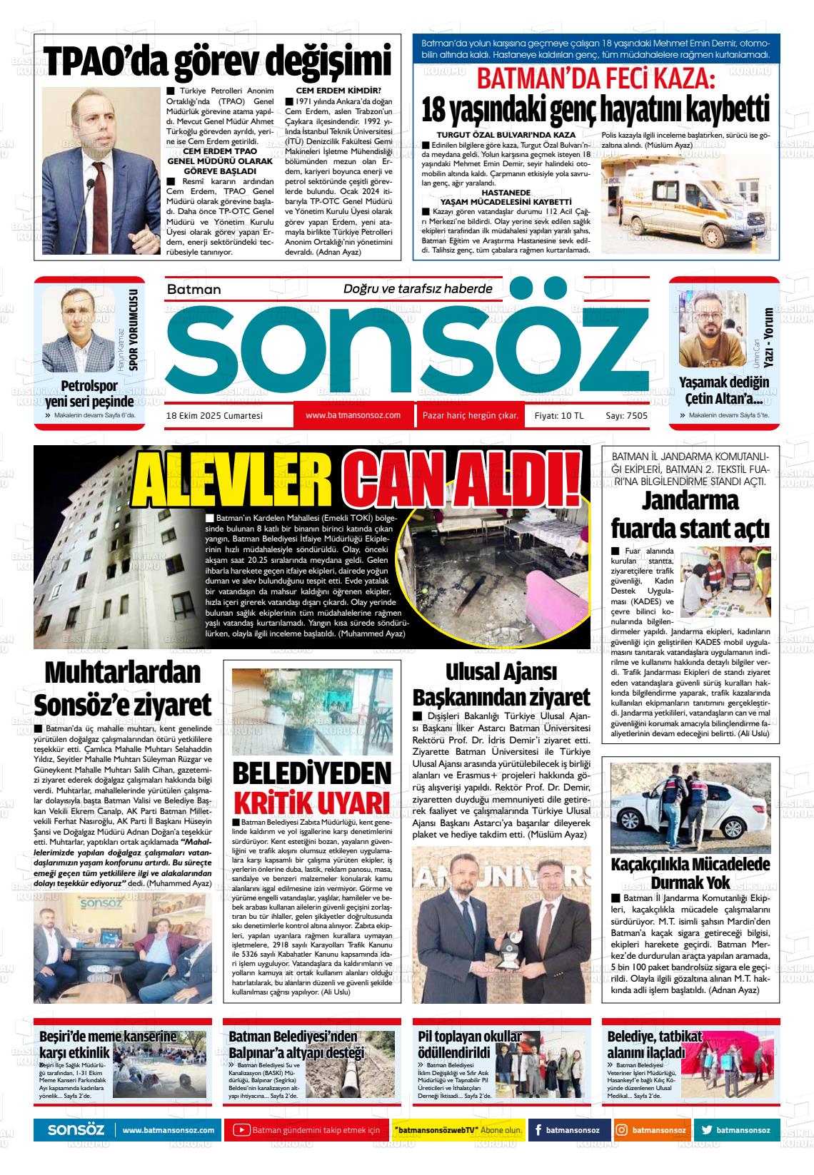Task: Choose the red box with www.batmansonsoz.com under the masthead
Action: pos(353,415)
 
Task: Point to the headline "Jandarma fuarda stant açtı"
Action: pos(690,516)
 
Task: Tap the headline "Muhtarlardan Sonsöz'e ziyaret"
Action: pos(123,689)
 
